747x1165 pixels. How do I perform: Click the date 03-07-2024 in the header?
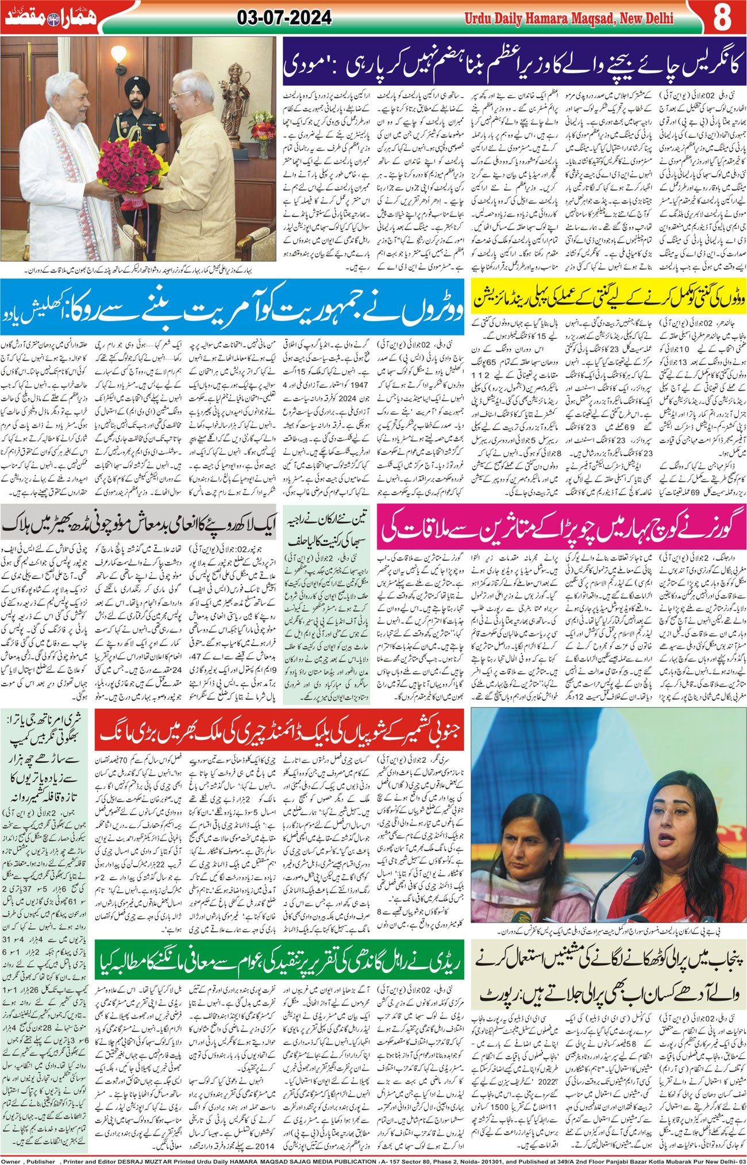[284, 18]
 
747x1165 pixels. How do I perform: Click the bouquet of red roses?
[129, 167]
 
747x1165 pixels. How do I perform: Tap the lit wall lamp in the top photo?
[118, 57]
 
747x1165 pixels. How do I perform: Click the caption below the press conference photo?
[609, 928]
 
